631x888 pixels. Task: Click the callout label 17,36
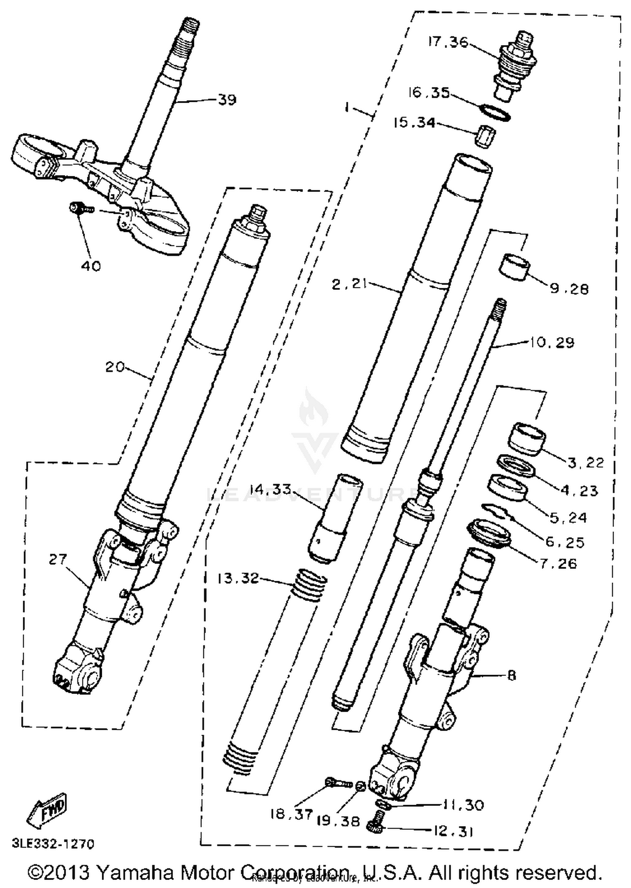[448, 42]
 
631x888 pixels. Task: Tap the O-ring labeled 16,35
[495, 113]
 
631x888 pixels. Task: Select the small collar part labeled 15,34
[485, 136]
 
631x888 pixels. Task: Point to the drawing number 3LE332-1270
[53, 843]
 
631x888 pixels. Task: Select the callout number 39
[227, 100]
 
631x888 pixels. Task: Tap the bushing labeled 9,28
[514, 267]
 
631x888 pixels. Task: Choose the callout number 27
[58, 559]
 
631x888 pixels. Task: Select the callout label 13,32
[238, 578]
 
